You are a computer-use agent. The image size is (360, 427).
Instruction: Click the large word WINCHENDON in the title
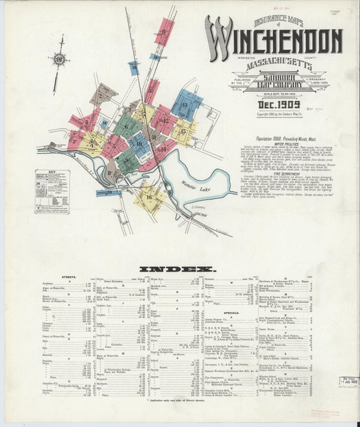[x=274, y=43]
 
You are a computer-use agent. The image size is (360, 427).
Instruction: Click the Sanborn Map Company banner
[x=274, y=84]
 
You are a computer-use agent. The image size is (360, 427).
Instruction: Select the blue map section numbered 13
[x=186, y=105]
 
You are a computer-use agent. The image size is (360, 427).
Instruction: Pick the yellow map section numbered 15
[x=184, y=130]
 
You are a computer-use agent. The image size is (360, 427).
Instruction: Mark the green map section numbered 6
[x=127, y=126]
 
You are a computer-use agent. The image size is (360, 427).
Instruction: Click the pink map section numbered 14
[x=162, y=148]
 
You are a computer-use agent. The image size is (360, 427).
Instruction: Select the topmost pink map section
[x=163, y=31]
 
